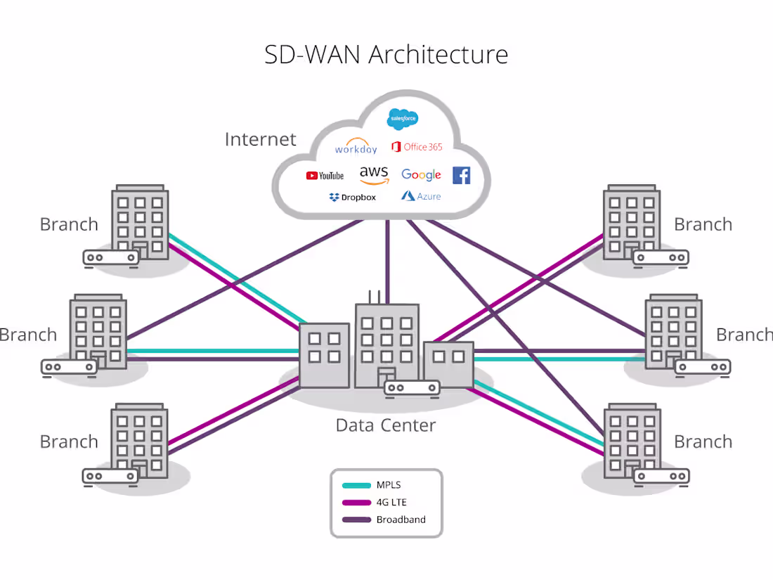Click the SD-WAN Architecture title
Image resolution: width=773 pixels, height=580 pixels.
point(386,54)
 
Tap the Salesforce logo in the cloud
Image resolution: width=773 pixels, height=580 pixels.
point(403,119)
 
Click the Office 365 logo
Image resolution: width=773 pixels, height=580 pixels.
point(417,147)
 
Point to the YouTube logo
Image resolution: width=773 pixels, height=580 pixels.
point(325,175)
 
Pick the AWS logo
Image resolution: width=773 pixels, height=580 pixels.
point(374,174)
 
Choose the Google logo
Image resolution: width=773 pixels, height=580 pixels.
point(421,174)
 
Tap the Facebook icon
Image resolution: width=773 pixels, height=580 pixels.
point(461,175)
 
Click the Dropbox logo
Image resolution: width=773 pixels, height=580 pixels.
point(352,198)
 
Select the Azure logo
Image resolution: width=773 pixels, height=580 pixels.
point(421,196)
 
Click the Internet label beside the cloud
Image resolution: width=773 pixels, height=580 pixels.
point(261,139)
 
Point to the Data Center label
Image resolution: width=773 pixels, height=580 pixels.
point(386,425)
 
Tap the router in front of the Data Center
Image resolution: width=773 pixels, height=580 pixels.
point(412,387)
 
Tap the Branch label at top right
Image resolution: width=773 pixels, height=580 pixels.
point(703,224)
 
